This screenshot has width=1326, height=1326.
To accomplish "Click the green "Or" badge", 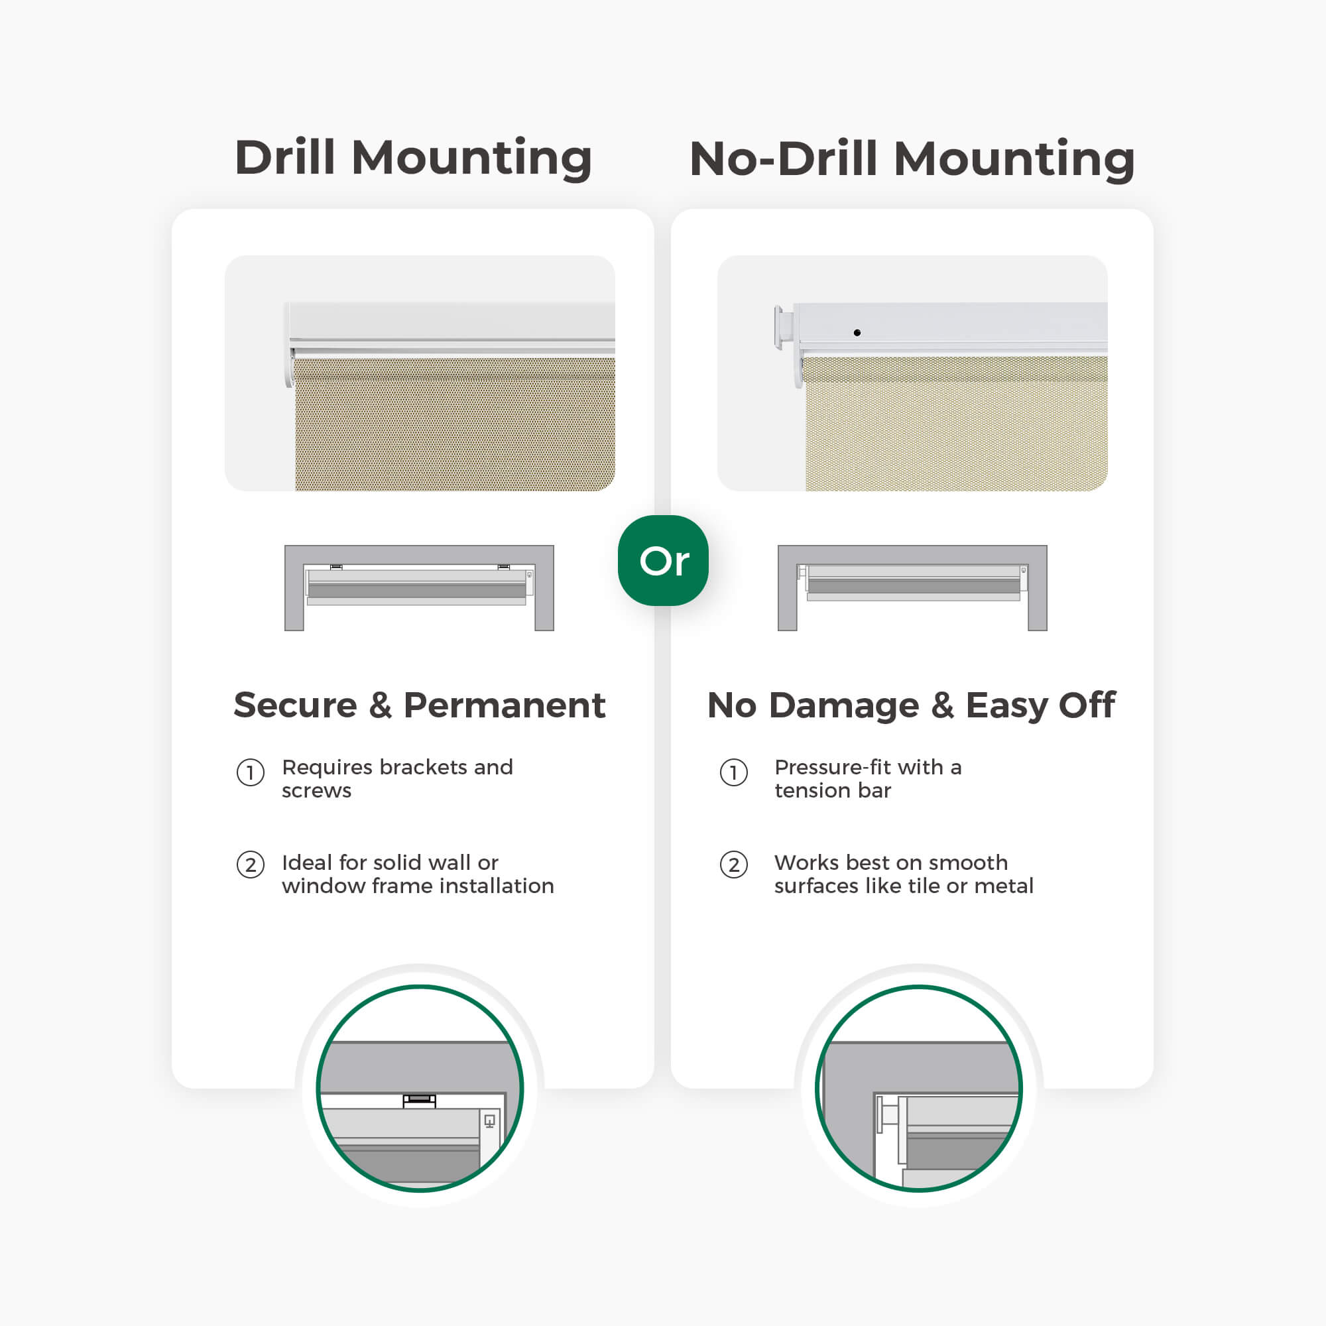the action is pyautogui.click(x=663, y=560).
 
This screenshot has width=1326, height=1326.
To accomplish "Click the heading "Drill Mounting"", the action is pyautogui.click(x=413, y=158).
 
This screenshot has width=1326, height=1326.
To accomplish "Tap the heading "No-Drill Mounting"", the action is pyautogui.click(x=912, y=158).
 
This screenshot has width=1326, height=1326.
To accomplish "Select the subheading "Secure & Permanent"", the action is pyautogui.click(x=420, y=705).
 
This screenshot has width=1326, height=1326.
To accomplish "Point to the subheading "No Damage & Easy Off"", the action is pyautogui.click(x=912, y=705).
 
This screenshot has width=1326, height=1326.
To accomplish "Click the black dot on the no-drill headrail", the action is pyautogui.click(x=857, y=333).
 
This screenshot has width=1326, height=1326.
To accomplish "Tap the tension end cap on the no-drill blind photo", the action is pyautogui.click(x=784, y=328).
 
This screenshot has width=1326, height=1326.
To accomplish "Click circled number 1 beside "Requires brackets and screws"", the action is pyautogui.click(x=251, y=773).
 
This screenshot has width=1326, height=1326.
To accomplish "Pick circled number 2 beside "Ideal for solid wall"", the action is pyautogui.click(x=251, y=865).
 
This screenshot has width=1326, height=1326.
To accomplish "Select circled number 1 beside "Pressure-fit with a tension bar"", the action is pyautogui.click(x=734, y=773).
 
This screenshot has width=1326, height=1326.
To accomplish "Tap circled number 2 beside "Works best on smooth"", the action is pyautogui.click(x=734, y=865).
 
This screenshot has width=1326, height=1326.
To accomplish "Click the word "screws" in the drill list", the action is pyautogui.click(x=316, y=791).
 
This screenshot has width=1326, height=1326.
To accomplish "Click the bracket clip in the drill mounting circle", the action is pyautogui.click(x=420, y=1101).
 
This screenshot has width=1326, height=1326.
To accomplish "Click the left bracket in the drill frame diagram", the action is pyautogui.click(x=336, y=567).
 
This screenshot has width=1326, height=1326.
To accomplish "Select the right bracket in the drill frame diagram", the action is pyautogui.click(x=504, y=567).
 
